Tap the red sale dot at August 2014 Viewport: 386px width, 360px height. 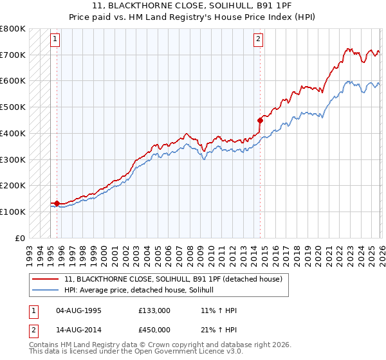[260, 120]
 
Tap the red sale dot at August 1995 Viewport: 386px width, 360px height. [57, 203]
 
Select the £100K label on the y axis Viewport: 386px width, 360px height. [14, 212]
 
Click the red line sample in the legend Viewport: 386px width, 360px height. [45, 279]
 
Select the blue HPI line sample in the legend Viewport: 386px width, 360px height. [45, 291]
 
